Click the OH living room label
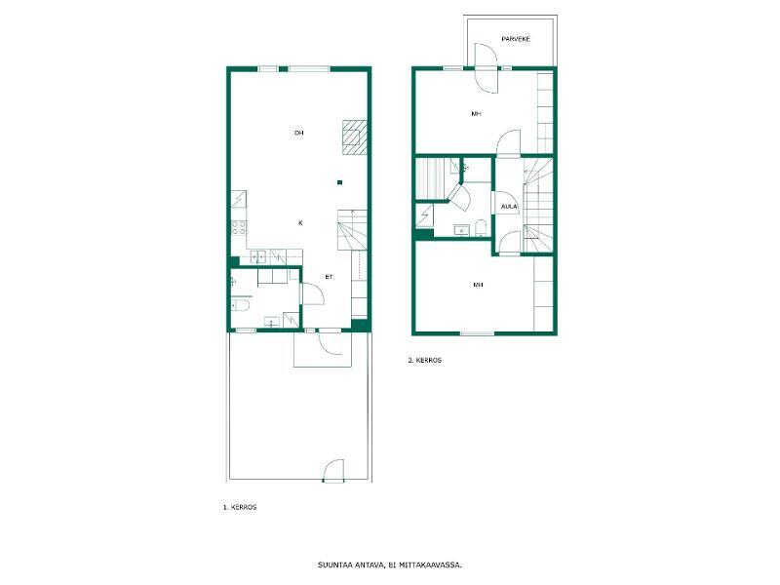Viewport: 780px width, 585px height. (x=298, y=133)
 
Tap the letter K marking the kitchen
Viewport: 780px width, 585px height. (x=300, y=223)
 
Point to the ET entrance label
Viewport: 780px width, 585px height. (x=329, y=277)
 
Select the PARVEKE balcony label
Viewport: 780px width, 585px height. (x=516, y=39)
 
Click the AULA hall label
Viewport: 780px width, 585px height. (x=509, y=207)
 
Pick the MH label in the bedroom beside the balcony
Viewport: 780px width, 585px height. (x=476, y=114)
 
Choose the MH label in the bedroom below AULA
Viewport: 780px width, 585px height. (x=478, y=285)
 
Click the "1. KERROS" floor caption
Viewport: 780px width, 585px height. (x=240, y=507)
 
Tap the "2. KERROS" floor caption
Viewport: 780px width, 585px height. (x=425, y=360)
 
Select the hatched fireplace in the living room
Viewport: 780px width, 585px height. (x=355, y=137)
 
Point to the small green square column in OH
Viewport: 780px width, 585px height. (x=339, y=182)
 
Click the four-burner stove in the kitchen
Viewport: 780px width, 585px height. (x=239, y=228)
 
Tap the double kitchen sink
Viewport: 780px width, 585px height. (x=258, y=256)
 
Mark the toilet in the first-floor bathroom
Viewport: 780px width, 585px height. (x=240, y=304)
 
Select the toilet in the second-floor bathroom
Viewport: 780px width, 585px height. (x=481, y=228)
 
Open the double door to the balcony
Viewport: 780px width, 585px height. (x=486, y=68)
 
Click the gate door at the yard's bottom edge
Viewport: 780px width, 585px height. (x=333, y=471)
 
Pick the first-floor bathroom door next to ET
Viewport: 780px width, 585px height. (x=313, y=293)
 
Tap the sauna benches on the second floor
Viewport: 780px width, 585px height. (x=428, y=178)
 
